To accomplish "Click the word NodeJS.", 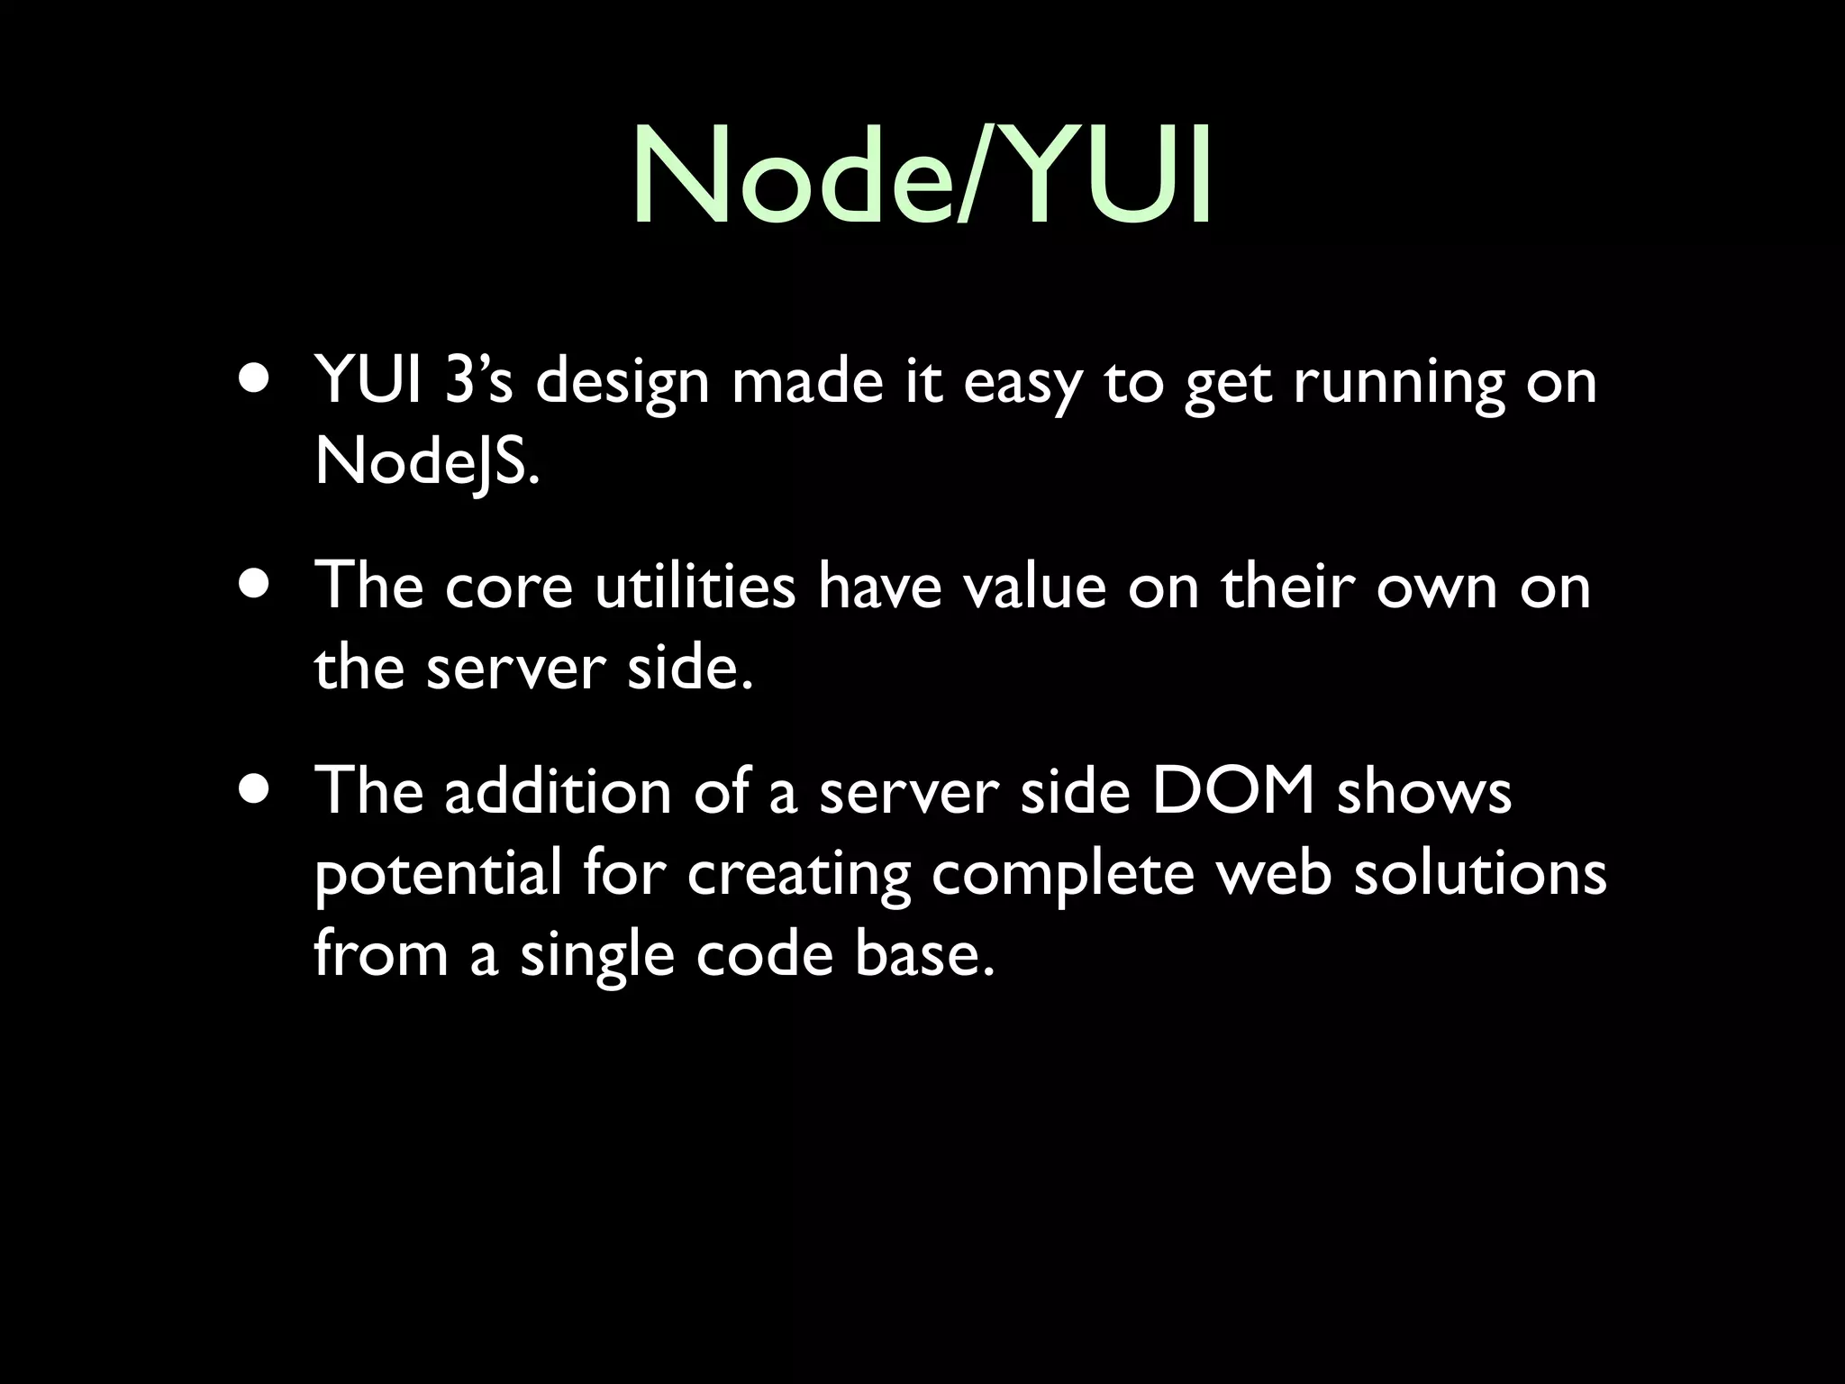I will pos(427,463).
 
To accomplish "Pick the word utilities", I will pos(695,586).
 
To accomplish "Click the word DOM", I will pos(1233,791).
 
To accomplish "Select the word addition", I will pos(558,791).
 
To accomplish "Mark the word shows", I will pos(1423,791).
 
